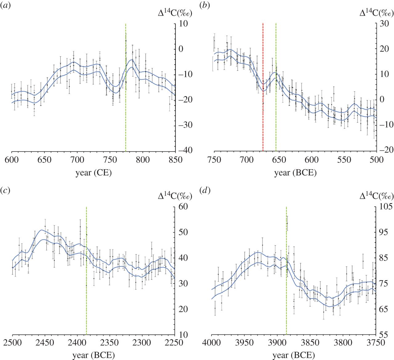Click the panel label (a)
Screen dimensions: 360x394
(6, 6)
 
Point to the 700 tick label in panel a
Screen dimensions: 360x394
(77, 160)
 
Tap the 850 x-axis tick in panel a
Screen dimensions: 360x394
(175, 160)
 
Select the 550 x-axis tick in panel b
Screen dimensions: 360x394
(344, 160)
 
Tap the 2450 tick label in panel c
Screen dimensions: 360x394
(45, 342)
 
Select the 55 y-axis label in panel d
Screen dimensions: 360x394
(385, 334)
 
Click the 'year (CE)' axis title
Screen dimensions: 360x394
(94, 173)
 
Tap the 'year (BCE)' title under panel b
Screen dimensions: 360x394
(295, 173)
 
